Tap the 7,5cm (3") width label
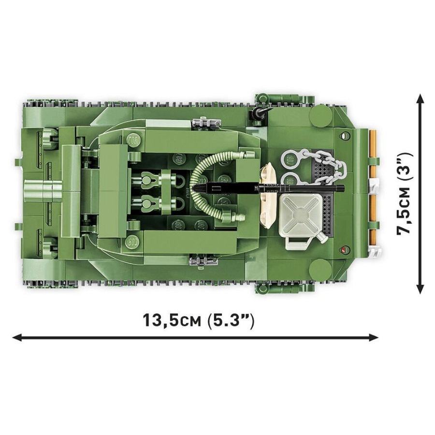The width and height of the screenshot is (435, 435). pyautogui.click(x=405, y=193)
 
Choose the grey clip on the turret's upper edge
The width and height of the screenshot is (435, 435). pyautogui.click(x=202, y=123)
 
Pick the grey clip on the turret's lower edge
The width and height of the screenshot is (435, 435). pyautogui.click(x=202, y=261)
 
